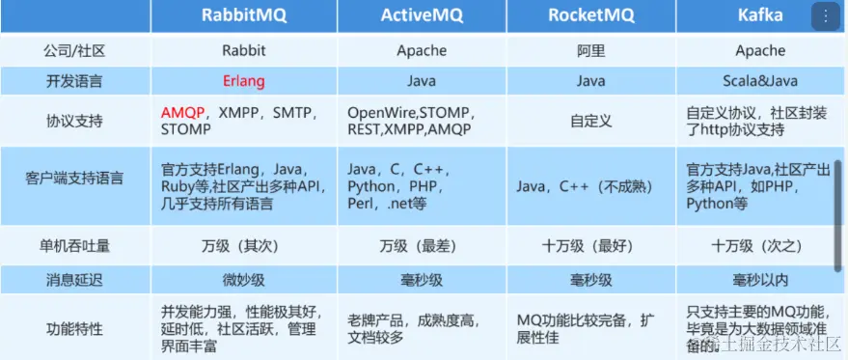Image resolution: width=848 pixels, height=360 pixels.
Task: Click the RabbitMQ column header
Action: point(244,15)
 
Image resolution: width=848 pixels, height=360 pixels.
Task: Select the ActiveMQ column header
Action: point(422,15)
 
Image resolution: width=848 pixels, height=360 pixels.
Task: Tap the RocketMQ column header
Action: point(591,15)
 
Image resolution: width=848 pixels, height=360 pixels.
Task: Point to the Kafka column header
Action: point(760,15)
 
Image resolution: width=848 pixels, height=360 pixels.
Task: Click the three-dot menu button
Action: point(826,16)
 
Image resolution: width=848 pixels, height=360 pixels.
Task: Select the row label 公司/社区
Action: point(73,51)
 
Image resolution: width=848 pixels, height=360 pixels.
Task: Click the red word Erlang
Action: point(244,81)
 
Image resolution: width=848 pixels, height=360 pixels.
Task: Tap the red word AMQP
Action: point(182,113)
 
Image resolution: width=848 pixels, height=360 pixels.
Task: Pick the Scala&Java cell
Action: point(760,81)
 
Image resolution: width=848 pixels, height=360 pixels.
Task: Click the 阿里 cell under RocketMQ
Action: point(591,51)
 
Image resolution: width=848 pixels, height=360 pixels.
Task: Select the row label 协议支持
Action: point(73,121)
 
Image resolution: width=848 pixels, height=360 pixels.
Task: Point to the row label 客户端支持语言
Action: point(73,179)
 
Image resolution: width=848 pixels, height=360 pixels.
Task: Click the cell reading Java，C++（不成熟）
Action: point(585,187)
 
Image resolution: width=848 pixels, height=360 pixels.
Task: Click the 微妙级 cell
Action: point(244,280)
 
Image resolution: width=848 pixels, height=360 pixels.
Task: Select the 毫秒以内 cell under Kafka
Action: point(760,280)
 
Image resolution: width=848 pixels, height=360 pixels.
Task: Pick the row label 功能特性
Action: point(73,328)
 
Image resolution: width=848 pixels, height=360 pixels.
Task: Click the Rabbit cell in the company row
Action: point(244,51)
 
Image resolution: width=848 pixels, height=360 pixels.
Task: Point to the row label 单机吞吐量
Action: point(73,246)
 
